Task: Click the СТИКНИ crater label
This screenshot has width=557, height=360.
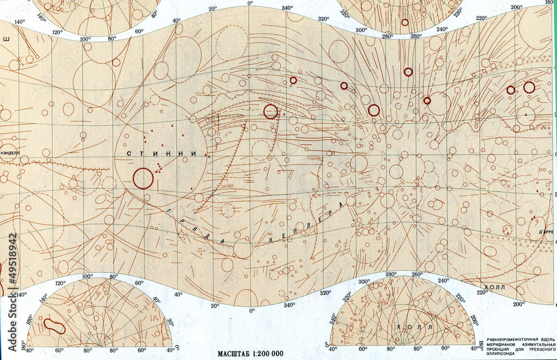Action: coord(162,153)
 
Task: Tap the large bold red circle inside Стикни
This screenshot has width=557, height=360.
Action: coord(143,178)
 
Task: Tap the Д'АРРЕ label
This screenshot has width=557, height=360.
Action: coord(546,232)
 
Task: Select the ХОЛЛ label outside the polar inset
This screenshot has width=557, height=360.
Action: coord(494,286)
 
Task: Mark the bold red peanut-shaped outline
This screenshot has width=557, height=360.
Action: coord(54,326)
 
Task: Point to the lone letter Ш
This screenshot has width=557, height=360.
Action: coord(7,39)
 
